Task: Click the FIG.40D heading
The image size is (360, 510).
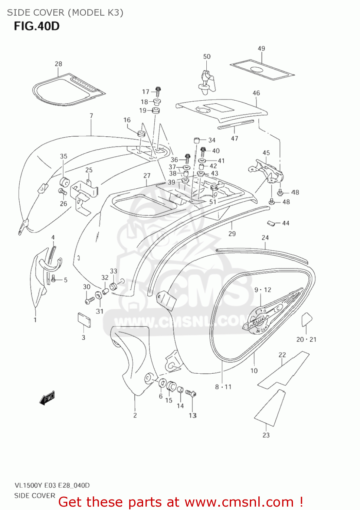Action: (x=37, y=26)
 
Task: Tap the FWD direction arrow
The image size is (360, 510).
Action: (x=47, y=398)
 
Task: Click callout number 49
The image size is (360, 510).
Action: (x=261, y=49)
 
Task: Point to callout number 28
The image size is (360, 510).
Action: (x=58, y=64)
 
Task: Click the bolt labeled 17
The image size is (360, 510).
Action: (x=158, y=90)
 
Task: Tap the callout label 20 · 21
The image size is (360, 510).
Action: (x=306, y=339)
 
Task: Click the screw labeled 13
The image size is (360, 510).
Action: (x=191, y=394)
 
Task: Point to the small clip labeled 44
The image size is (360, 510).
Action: (x=271, y=223)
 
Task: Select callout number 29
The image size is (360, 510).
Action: (x=232, y=234)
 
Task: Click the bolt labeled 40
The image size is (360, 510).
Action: (x=204, y=151)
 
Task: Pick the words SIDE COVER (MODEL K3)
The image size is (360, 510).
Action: (x=65, y=13)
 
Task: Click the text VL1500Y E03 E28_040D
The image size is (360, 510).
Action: (x=52, y=485)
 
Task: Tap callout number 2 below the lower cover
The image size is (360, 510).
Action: (x=135, y=415)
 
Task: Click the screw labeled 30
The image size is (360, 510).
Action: (x=90, y=301)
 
